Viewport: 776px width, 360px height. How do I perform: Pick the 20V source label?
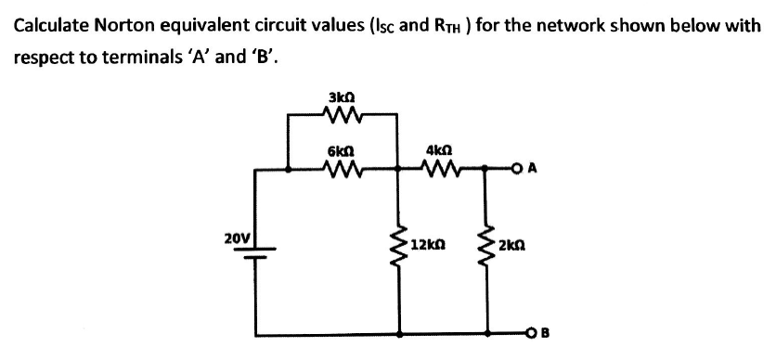pyautogui.click(x=237, y=238)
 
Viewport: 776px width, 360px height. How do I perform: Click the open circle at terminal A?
pyautogui.click(x=529, y=169)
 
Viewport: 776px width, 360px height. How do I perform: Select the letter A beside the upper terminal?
pyautogui.click(x=545, y=169)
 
